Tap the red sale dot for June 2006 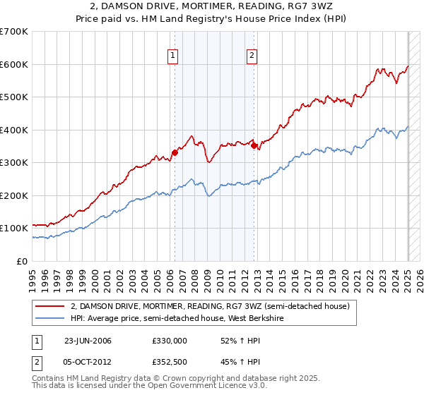(175, 152)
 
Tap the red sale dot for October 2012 (254, 146)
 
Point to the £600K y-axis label (14, 64)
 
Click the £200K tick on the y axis (14, 195)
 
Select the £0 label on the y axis (23, 261)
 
